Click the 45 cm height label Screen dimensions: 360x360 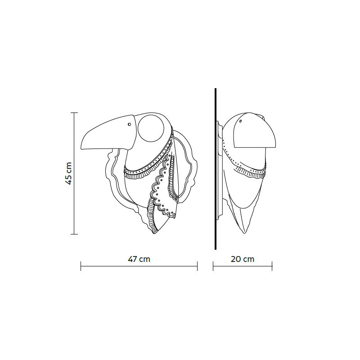(69, 173)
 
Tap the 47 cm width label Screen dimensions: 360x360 (139, 259)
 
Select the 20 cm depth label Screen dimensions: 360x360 (243, 259)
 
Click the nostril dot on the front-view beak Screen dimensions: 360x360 (129, 124)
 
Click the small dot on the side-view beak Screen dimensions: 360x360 (241, 121)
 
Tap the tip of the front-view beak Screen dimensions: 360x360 (81, 148)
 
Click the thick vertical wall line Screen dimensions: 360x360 (216, 169)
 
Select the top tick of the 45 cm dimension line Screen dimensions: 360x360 (74, 113)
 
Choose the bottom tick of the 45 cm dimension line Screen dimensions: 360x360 (74, 234)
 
